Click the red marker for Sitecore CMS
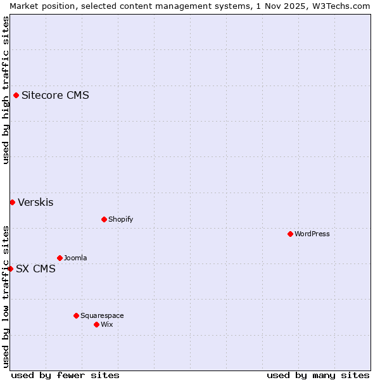16,96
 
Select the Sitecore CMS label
55,96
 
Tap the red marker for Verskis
12,203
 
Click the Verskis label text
35,203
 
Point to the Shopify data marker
104,220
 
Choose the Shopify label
120,220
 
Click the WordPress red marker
290,234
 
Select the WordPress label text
312,234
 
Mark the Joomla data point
60,258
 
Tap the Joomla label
75,258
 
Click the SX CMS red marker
10,269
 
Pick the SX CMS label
35,269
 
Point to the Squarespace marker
76,316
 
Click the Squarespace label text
102,316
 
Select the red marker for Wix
96,325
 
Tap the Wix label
107,325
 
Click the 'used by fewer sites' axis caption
65,376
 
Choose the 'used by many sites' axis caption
318,376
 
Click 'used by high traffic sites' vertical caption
6,90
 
